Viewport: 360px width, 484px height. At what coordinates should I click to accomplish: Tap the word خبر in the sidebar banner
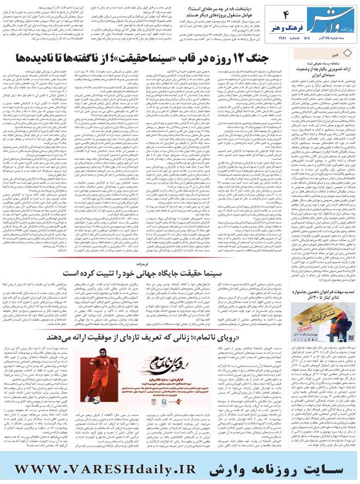pyautogui.click(x=339, y=54)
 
